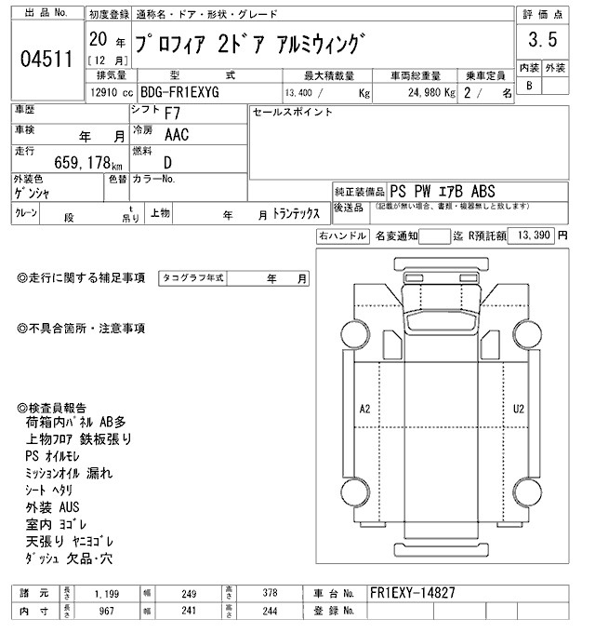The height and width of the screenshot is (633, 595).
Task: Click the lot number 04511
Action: [x=46, y=59]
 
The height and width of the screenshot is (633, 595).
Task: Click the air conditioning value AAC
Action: [x=178, y=134]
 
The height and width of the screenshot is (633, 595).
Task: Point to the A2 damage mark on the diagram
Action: [x=365, y=409]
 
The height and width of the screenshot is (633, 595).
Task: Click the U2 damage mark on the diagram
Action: [x=519, y=409]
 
